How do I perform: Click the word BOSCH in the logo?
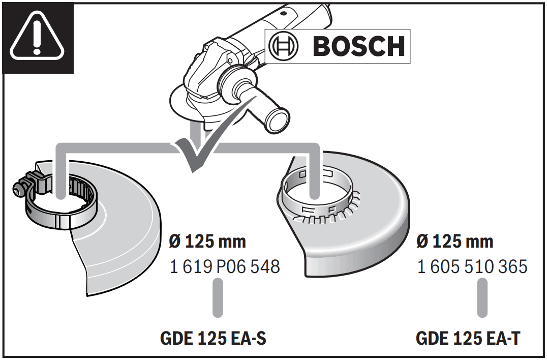point(359,46)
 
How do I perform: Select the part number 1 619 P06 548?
point(225,266)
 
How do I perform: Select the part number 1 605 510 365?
point(472,266)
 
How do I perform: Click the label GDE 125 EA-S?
point(213,338)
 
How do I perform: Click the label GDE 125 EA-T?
point(468,338)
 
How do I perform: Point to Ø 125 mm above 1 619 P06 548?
point(207,241)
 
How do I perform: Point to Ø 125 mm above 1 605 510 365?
point(454,241)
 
